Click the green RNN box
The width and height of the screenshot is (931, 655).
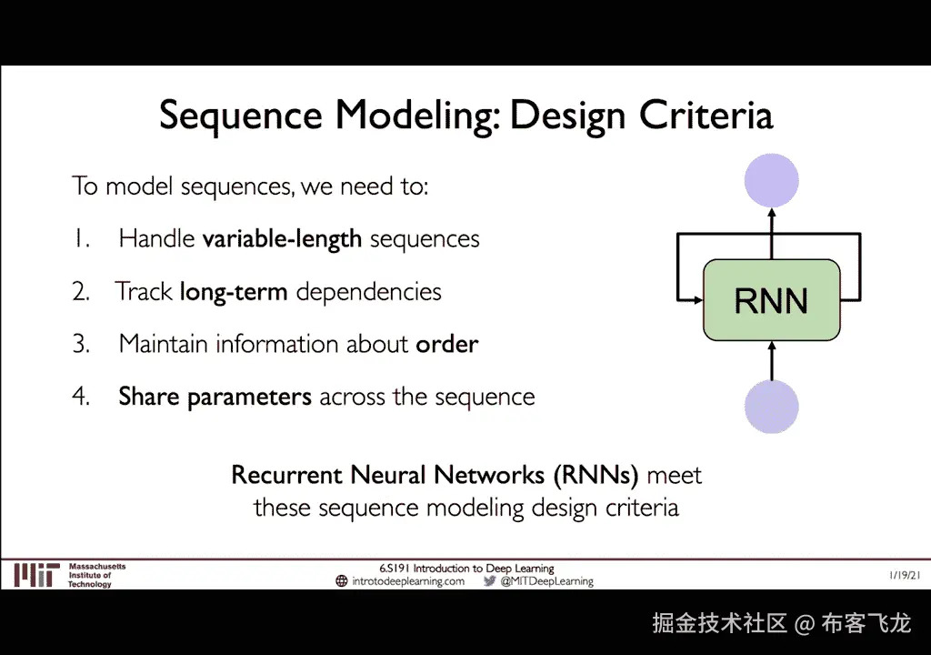point(771,300)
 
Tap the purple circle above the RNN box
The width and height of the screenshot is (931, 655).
point(771,180)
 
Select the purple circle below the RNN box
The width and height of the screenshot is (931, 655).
point(771,407)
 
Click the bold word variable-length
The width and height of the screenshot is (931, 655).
point(282,239)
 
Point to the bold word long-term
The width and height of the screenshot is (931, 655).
point(234,292)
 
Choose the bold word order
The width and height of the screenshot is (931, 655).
point(447,345)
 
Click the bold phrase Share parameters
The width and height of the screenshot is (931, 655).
point(215,398)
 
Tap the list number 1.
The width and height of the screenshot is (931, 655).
point(80,239)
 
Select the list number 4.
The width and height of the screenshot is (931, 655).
point(81,398)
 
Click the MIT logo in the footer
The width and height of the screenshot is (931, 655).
point(36,575)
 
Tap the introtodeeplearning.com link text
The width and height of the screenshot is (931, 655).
point(408,581)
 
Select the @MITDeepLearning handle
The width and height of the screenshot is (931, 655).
point(546,581)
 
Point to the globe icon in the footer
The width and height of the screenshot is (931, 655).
point(342,581)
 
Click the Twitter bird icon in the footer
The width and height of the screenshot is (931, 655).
point(489,581)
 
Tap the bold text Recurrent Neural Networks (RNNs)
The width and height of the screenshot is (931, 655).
point(435,475)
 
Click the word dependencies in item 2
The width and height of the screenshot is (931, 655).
point(369,292)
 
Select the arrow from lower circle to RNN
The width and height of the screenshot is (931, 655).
point(771,360)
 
